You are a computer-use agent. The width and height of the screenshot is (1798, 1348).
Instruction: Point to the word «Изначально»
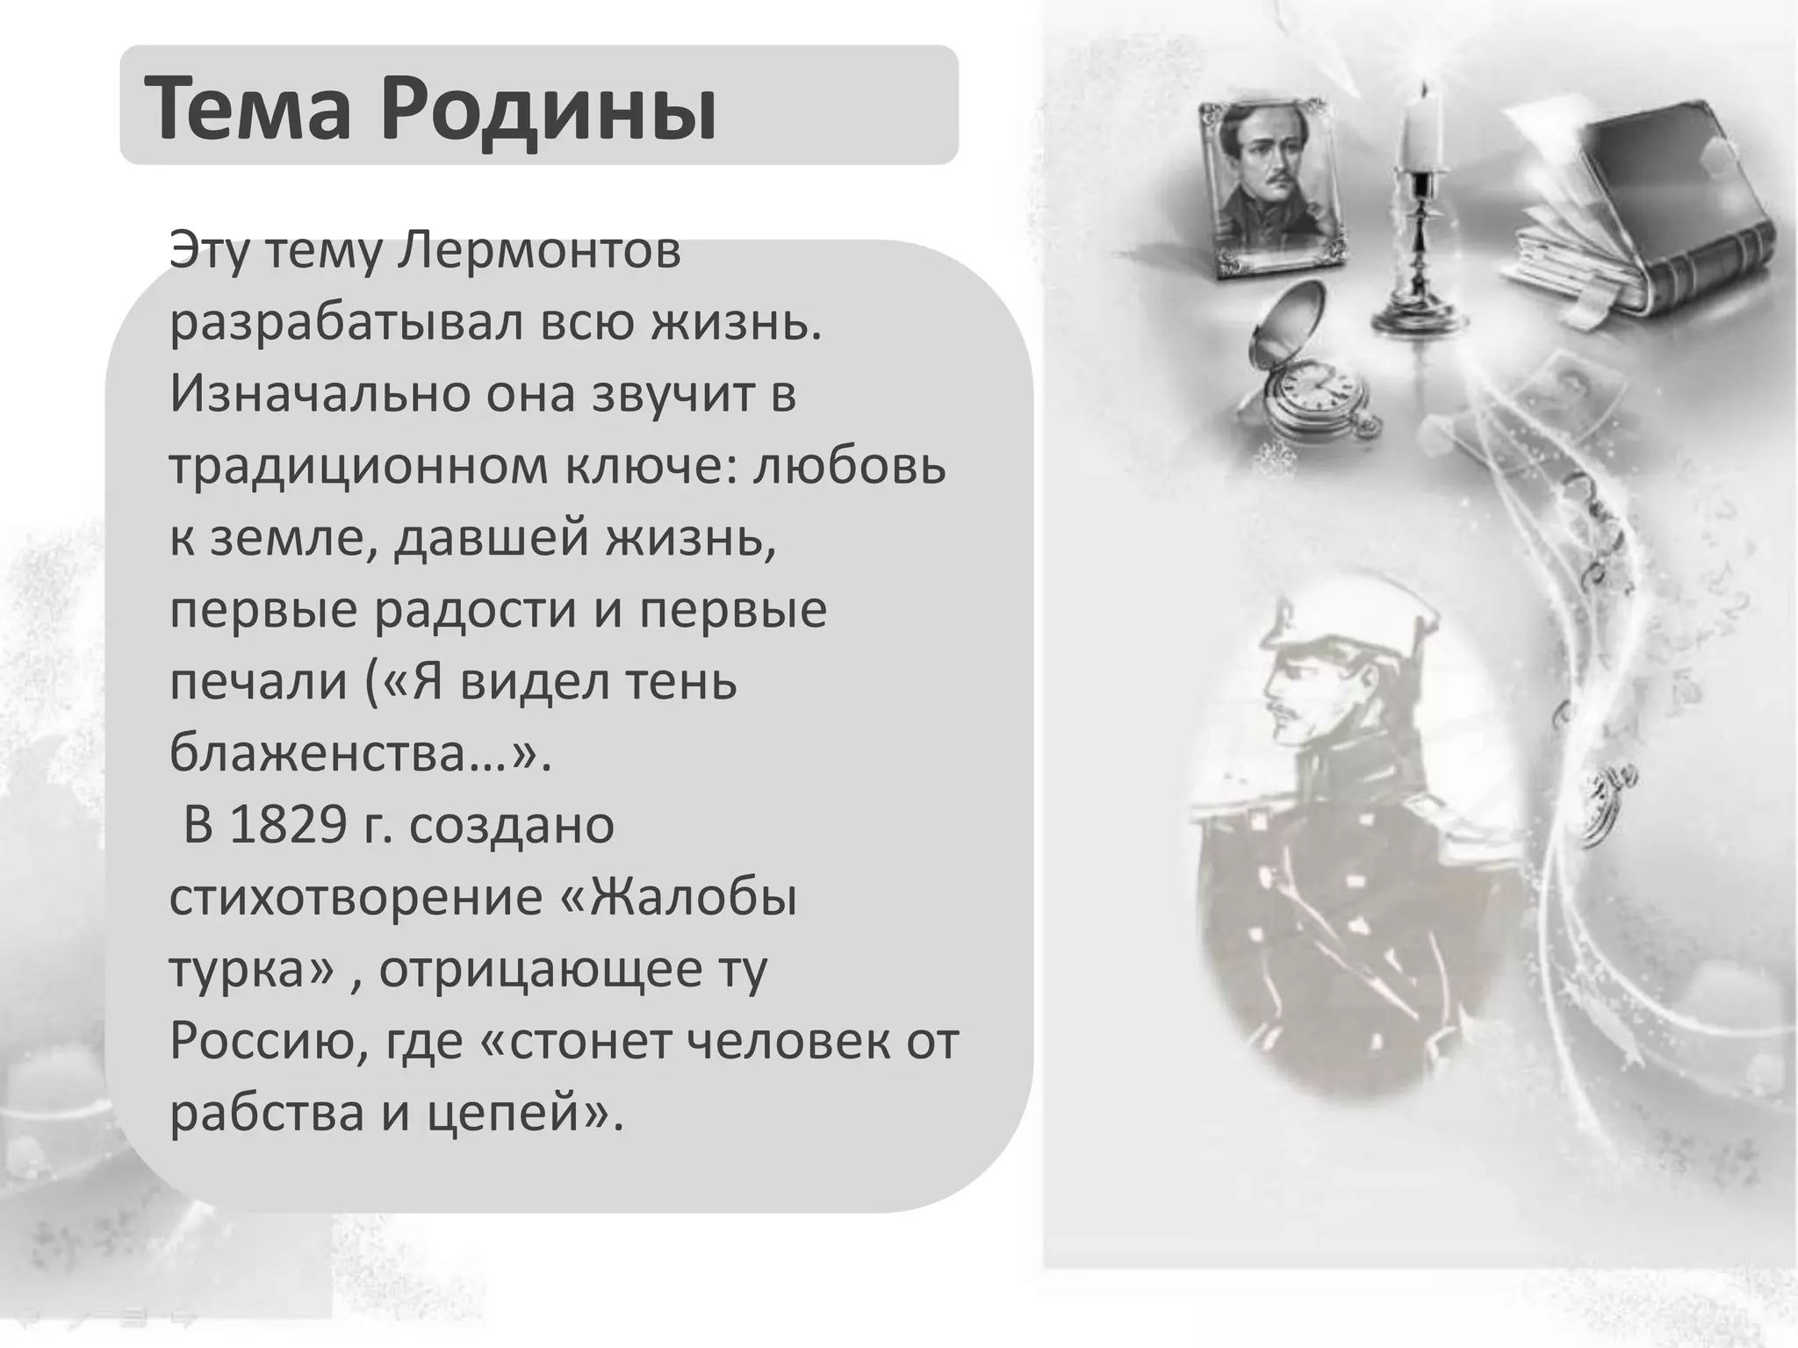(311, 394)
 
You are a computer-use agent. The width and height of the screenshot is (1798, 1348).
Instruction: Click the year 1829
(288, 825)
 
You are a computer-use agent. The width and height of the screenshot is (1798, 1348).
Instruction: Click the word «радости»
(474, 610)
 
